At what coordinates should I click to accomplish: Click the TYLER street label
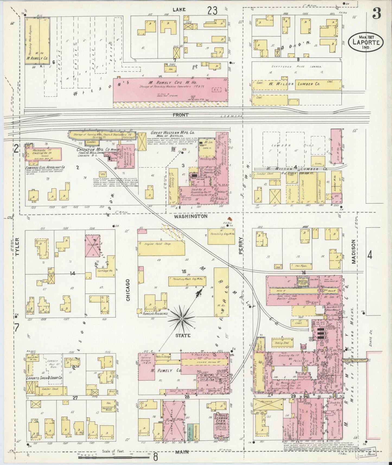pyautogui.click(x=18, y=247)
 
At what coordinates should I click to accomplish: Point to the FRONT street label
pyautogui.click(x=181, y=115)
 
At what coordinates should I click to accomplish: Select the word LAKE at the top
pyautogui.click(x=179, y=9)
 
